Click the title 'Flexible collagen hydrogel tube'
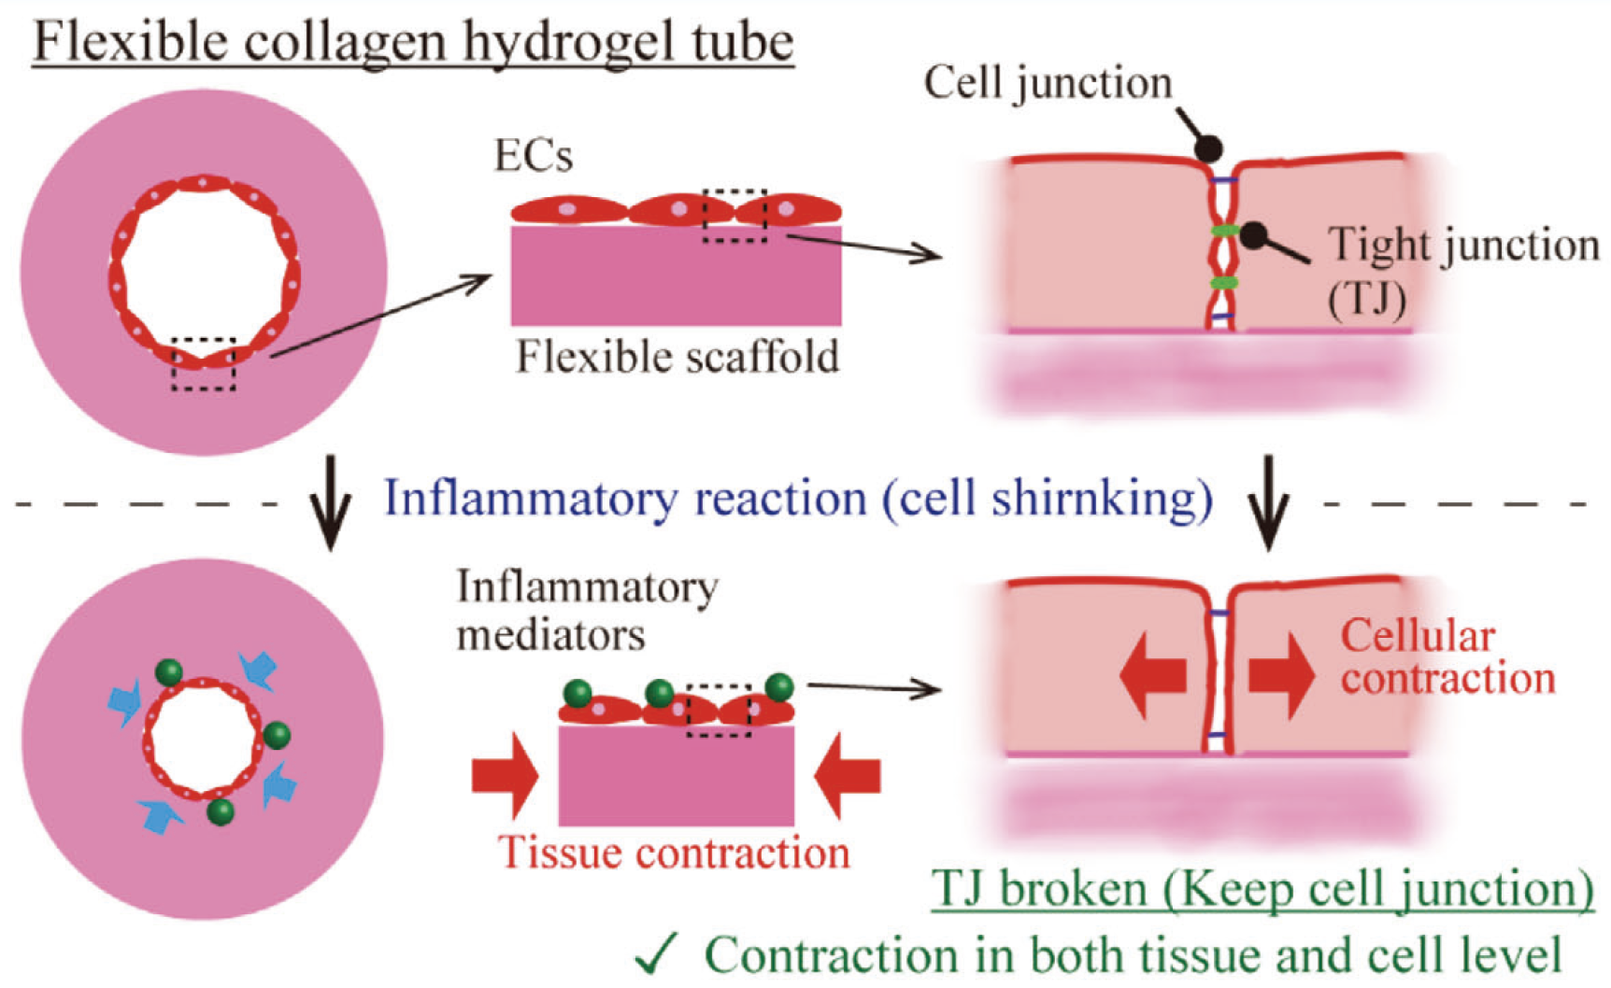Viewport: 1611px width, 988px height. tap(413, 42)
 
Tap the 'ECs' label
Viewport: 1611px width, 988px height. tap(533, 156)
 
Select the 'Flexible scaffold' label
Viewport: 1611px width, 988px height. tap(677, 357)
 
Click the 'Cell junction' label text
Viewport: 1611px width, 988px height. tap(1048, 83)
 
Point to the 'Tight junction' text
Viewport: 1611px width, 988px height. tap(1463, 246)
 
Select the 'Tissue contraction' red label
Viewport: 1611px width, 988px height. tap(674, 853)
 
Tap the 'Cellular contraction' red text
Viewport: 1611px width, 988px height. tap(1447, 657)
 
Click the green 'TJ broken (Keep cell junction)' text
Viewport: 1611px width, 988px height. tap(1262, 888)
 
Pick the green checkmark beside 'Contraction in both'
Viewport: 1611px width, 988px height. tap(658, 953)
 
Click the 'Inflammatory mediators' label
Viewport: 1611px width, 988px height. tap(587, 611)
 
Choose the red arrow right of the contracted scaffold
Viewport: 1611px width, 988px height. tap(848, 775)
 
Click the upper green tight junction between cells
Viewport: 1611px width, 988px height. tap(1224, 230)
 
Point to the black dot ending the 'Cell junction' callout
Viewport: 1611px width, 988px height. tap(1208, 148)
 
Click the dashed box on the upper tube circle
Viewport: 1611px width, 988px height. tap(204, 364)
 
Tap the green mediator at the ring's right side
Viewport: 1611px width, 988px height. tap(277, 735)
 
